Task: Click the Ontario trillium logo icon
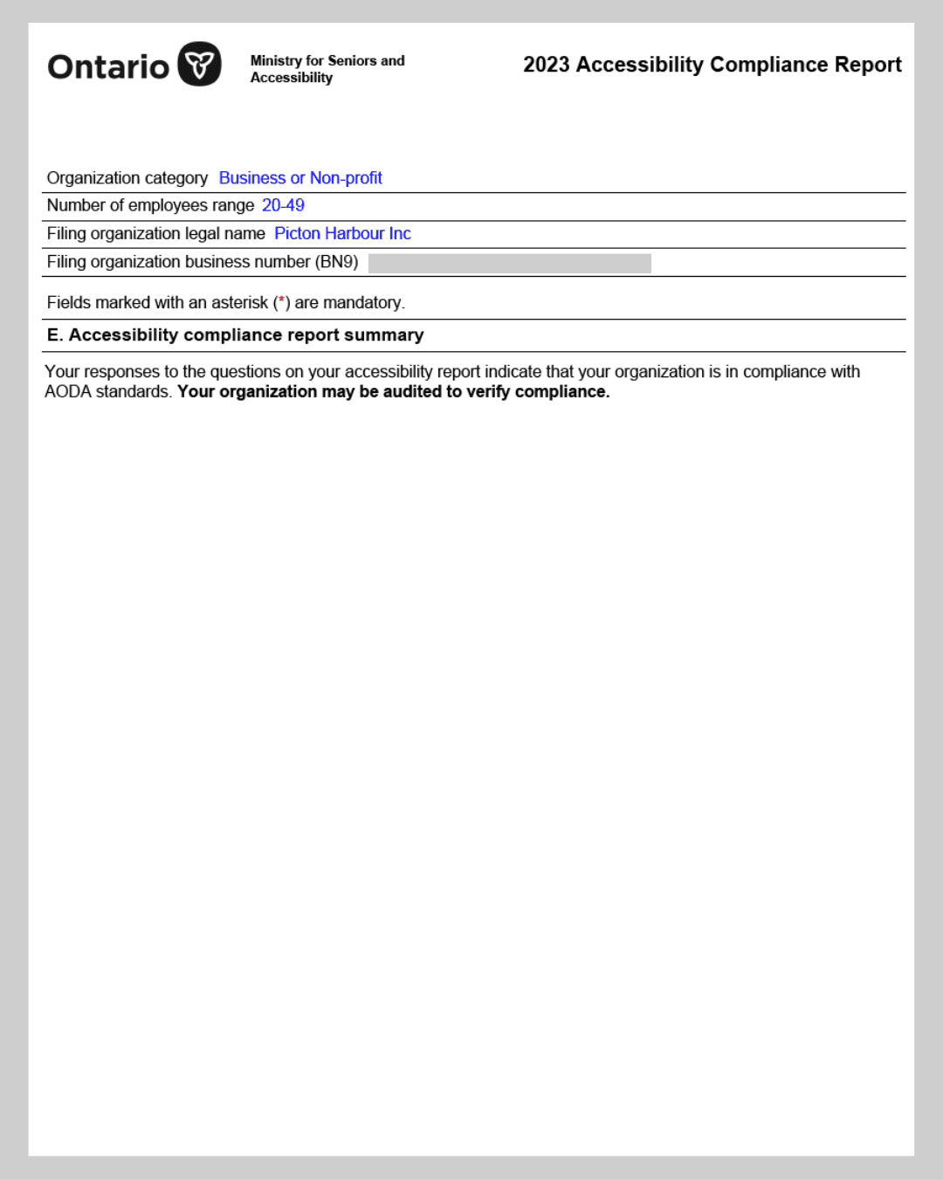(199, 64)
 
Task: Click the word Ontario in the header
(108, 67)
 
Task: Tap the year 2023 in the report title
(546, 65)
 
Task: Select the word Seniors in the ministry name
(352, 60)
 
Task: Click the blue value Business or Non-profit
(300, 178)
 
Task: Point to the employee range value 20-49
(283, 205)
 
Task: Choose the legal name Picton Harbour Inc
(342, 233)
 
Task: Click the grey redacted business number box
(509, 263)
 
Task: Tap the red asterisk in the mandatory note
(281, 300)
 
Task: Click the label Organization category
(127, 178)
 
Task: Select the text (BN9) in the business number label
(336, 262)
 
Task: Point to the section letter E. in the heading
(55, 335)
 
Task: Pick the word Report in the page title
(867, 65)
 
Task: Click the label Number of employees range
(150, 205)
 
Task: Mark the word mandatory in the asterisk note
(361, 303)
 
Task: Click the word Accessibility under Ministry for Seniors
(291, 78)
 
